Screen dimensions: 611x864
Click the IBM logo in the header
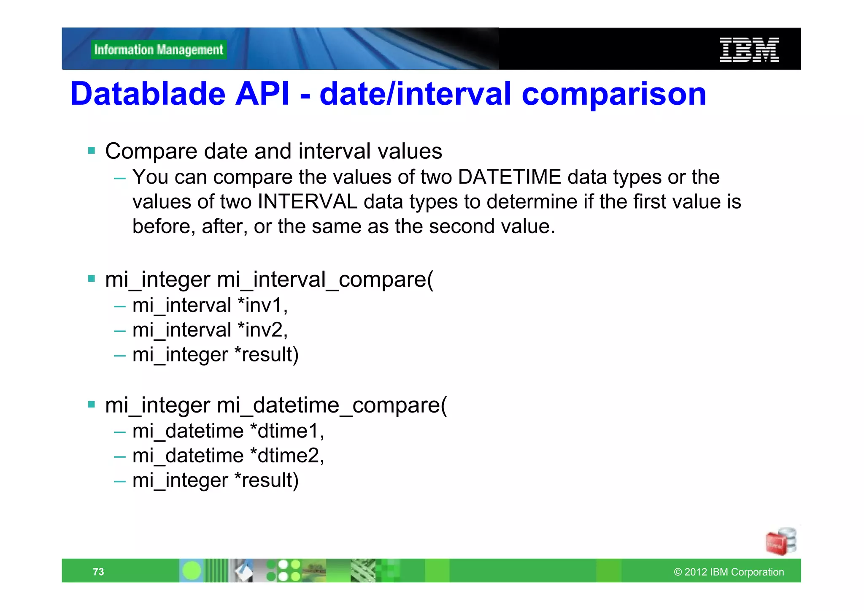click(x=749, y=50)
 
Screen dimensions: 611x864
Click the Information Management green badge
click(x=159, y=50)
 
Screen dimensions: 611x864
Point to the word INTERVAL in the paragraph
click(x=307, y=201)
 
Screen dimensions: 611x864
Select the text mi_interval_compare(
click(x=325, y=280)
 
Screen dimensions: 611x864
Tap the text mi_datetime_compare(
click(x=332, y=405)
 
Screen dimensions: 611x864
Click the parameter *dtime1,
click(x=287, y=431)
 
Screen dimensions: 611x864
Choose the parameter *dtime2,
click(x=287, y=456)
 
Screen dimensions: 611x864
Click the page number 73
click(x=98, y=572)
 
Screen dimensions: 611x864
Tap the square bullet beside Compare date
click(x=92, y=151)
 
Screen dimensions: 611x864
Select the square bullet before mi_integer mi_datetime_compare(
click(x=92, y=405)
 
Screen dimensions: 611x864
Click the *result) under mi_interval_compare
click(x=266, y=354)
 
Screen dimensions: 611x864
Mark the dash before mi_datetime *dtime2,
click(x=120, y=456)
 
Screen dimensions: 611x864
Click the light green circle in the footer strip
click(x=192, y=571)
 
